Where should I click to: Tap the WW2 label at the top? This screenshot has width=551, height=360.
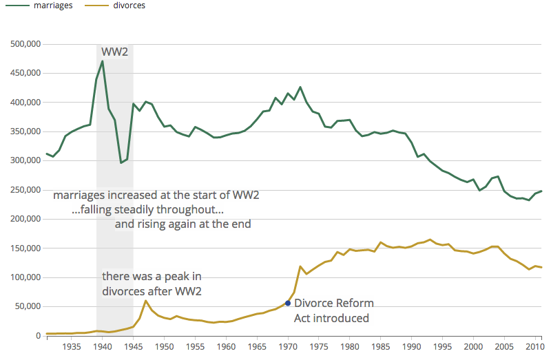115,52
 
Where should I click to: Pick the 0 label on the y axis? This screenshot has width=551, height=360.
39,336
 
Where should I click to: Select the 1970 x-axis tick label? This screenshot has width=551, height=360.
288,348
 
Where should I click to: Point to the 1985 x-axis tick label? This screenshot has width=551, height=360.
381,348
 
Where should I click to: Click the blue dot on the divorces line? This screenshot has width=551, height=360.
288,303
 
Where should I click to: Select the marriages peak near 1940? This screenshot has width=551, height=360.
102,61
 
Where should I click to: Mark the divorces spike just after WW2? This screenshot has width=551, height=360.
145,301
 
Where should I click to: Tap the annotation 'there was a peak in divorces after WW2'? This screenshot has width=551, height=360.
152,284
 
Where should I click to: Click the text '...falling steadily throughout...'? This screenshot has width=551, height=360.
148,209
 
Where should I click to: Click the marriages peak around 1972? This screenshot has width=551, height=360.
300,87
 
